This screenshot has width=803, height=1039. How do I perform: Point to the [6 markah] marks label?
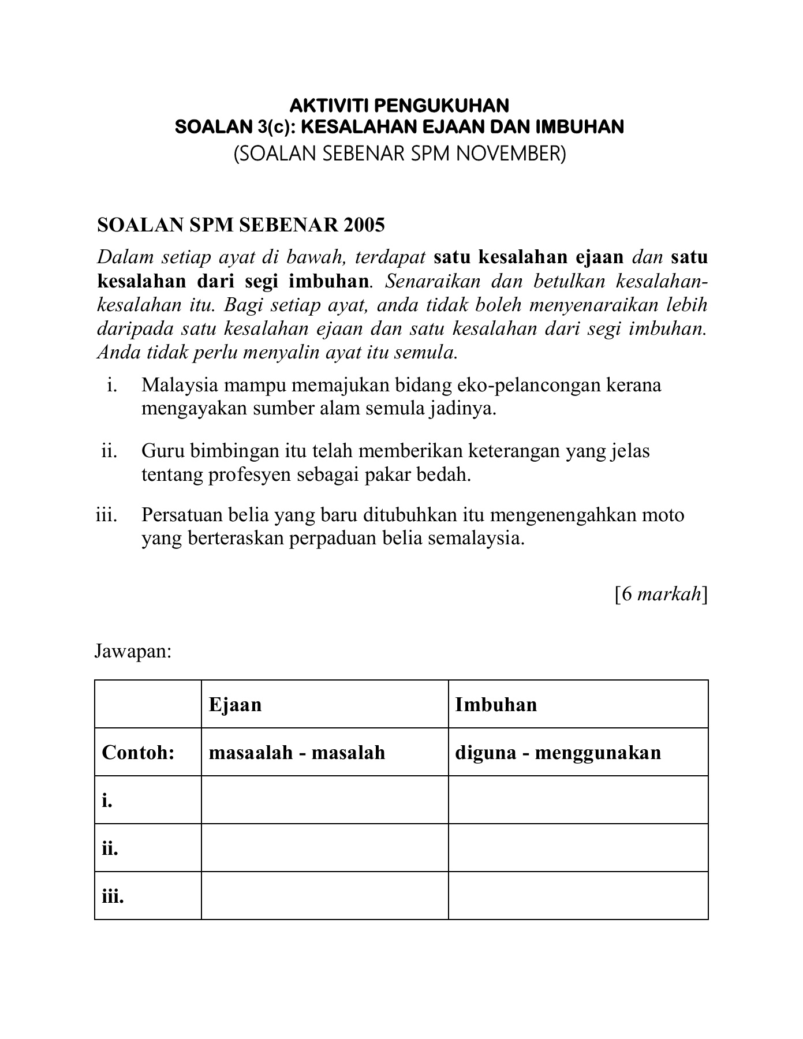click(x=661, y=594)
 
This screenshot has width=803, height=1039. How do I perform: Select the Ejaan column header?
click(x=235, y=704)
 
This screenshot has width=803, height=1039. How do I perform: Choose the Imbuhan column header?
click(x=496, y=704)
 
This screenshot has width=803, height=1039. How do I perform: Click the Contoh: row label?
click(x=138, y=753)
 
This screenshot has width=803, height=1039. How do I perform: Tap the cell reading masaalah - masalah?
click(x=297, y=753)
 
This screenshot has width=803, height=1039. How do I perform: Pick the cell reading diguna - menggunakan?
click(x=558, y=753)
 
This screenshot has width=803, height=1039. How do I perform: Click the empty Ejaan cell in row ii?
click(x=324, y=848)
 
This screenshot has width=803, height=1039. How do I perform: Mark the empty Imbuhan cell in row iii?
click(x=578, y=896)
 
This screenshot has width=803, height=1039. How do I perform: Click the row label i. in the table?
click(x=107, y=801)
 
